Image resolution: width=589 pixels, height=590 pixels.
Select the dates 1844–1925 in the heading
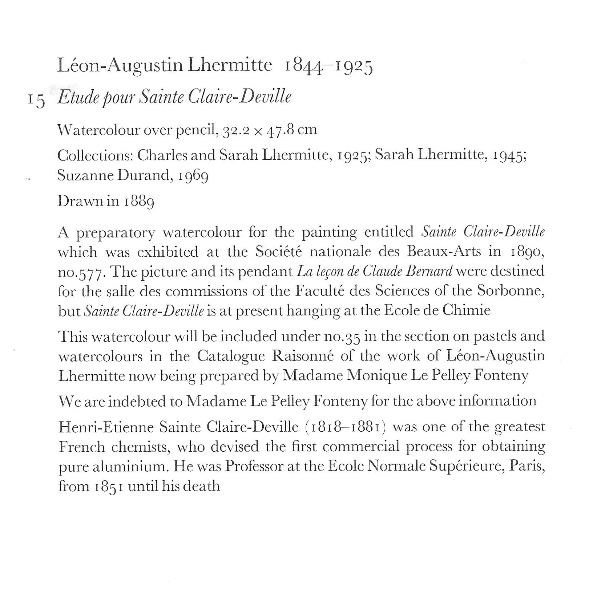pos(328,67)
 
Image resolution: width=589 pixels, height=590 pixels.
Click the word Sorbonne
pos(510,291)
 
